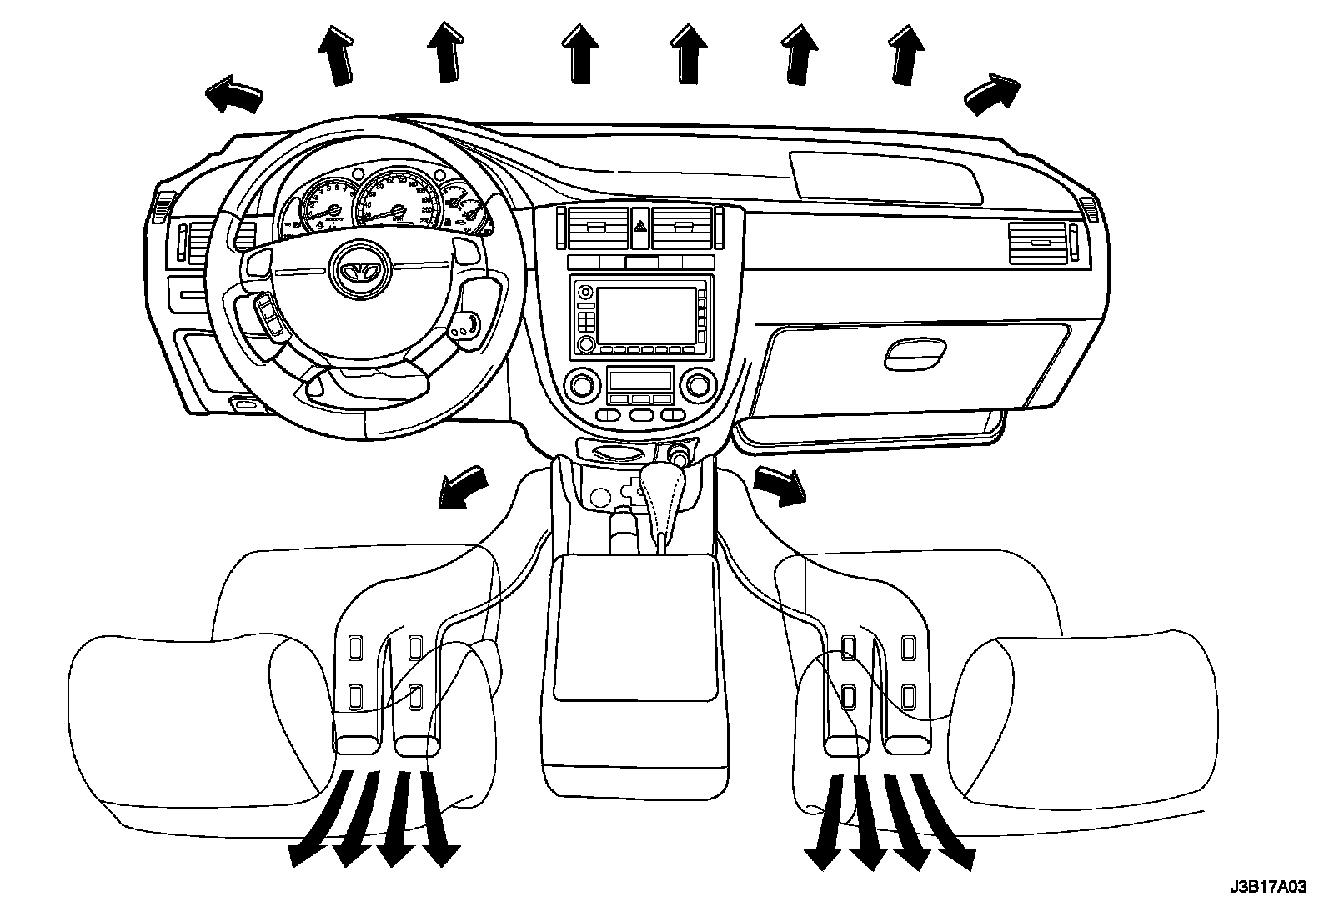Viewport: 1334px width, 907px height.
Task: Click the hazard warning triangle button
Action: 640,226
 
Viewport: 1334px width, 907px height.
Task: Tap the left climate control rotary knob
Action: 581,384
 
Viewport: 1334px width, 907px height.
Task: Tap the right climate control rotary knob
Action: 700,384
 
